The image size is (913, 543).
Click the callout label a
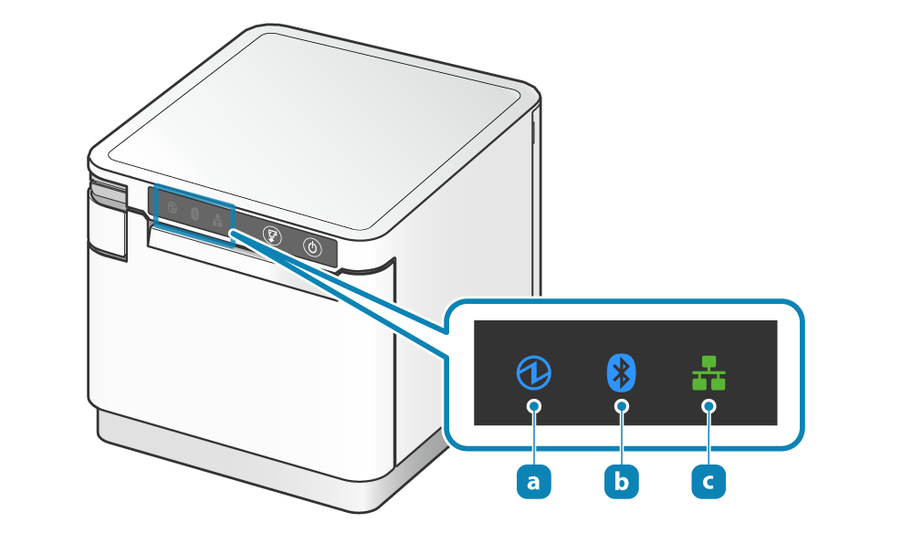pos(533,481)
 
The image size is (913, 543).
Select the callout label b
pos(621,481)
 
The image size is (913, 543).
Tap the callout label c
pos(708,481)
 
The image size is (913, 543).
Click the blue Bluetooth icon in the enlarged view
pos(621,372)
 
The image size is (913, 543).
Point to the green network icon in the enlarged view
pos(708,372)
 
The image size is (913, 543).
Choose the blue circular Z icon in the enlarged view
pos(533,372)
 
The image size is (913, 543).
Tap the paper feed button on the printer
pos(271,235)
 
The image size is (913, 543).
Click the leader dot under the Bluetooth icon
pos(621,406)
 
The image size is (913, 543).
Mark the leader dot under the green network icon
pos(708,406)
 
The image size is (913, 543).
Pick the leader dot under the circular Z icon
pos(533,406)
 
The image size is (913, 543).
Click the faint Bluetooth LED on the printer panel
pos(194,214)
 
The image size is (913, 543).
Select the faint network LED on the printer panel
pos(217,219)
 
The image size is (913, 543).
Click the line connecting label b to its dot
pos(621,438)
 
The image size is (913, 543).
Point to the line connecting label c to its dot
pos(708,438)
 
